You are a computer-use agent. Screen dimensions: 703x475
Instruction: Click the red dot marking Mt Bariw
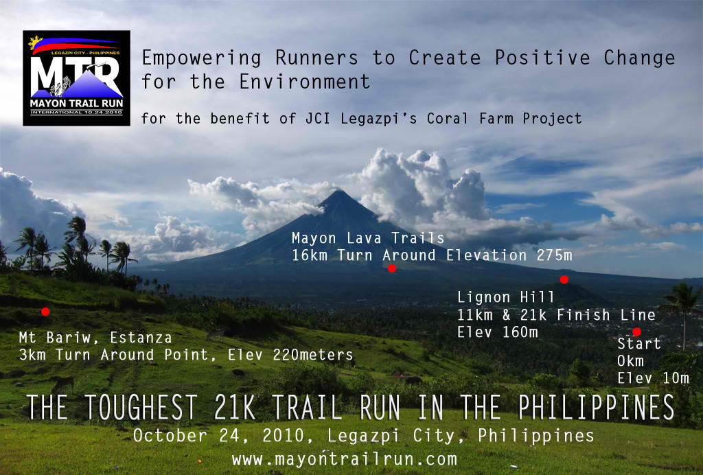pos(45,312)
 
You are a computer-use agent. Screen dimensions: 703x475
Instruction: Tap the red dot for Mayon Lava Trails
pos(392,268)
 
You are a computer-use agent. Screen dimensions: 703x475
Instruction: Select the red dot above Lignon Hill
pos(564,279)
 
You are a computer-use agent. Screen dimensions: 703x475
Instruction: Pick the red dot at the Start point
pos(636,332)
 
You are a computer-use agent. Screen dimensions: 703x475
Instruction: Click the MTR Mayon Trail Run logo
pos(77,78)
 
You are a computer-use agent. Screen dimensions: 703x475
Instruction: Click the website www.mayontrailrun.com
pos(345,459)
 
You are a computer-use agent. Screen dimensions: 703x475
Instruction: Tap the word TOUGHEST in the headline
pos(141,407)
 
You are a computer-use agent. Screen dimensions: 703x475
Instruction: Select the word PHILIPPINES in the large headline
pos(597,407)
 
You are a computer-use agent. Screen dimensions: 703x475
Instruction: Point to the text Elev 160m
pos(497,332)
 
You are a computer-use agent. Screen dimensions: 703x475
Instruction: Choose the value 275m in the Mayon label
pos(554,255)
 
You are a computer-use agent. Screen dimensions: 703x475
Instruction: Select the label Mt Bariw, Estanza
pos(95,338)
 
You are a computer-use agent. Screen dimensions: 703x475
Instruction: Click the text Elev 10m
pos(653,378)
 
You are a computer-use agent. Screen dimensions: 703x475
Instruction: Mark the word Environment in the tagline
pos(305,82)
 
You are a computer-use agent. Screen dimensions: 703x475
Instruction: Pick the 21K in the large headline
pos(235,407)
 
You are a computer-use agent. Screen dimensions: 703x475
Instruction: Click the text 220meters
pos(313,355)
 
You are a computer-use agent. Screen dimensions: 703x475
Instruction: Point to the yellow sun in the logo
pos(35,43)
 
